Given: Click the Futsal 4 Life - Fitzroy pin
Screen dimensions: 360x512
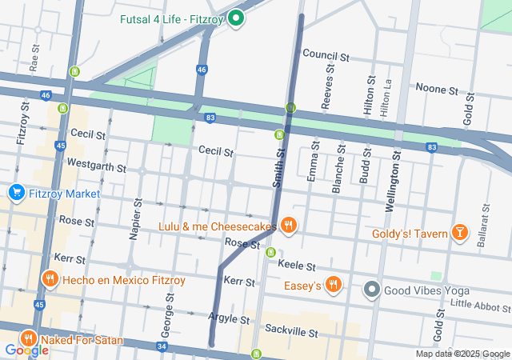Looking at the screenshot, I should [236, 18].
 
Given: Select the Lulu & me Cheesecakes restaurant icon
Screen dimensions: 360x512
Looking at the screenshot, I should [289, 226].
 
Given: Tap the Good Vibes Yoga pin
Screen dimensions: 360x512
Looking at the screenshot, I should [372, 290].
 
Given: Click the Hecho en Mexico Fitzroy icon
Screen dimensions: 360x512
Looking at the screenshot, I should [50, 279].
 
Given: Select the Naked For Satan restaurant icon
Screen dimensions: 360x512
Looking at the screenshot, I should [30, 339].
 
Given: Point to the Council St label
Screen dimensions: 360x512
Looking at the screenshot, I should [326, 57].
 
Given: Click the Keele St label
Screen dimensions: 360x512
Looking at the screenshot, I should [297, 265].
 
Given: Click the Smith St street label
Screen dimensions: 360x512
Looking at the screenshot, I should [278, 168].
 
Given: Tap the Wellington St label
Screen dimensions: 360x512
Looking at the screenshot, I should [393, 184].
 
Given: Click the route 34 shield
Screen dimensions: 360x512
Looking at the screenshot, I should [162, 346].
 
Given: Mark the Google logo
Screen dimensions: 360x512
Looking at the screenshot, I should [26, 350].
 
